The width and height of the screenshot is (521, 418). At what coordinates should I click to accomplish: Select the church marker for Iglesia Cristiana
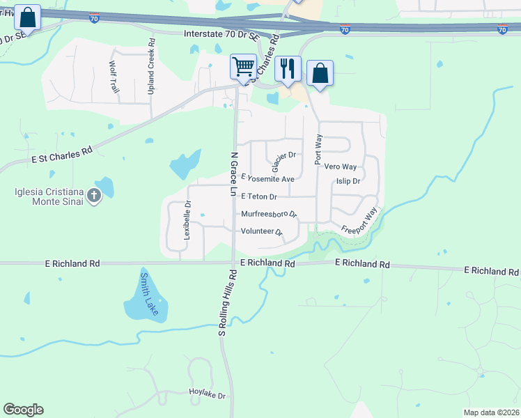pyautogui.click(x=94, y=196)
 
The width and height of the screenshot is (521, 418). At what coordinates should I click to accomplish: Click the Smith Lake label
pyautogui.click(x=149, y=293)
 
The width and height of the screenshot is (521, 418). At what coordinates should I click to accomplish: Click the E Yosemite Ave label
pyautogui.click(x=267, y=179)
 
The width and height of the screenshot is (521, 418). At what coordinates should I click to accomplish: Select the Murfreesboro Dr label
pyautogui.click(x=269, y=214)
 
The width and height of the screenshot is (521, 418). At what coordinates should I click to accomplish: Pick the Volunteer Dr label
pyautogui.click(x=261, y=231)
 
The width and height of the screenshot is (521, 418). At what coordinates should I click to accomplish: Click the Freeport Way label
pyautogui.click(x=359, y=222)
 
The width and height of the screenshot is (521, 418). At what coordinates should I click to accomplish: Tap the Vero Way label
pyautogui.click(x=341, y=167)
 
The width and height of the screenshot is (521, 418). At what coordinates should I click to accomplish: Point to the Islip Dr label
pyautogui.click(x=348, y=181)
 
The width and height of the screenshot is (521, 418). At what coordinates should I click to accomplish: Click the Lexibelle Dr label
pyautogui.click(x=187, y=221)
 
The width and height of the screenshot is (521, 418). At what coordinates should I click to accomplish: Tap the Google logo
pyautogui.click(x=23, y=410)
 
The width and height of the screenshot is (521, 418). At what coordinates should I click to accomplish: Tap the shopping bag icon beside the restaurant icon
pyautogui.click(x=320, y=73)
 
